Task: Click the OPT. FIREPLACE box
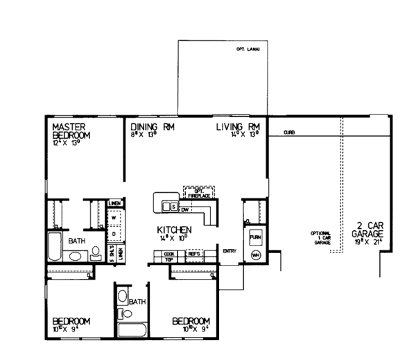click(x=197, y=192)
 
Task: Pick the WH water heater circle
click(x=255, y=255)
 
